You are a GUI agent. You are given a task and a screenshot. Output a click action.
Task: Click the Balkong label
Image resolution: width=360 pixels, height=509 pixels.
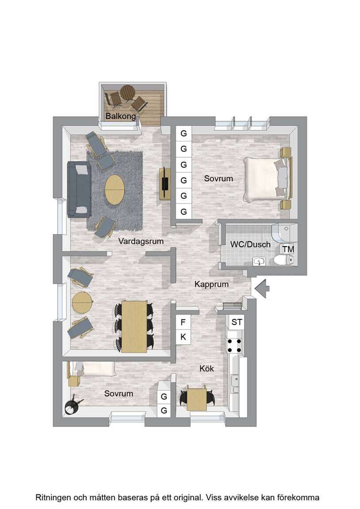121,116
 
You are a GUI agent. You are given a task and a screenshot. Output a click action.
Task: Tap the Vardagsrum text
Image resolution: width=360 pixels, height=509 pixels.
141,241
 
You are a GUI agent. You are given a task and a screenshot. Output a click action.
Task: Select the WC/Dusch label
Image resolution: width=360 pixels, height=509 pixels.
250,244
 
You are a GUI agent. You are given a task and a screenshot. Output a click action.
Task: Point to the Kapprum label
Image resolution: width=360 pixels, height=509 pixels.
211,285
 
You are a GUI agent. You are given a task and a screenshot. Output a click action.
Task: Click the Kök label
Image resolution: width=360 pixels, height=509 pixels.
207,368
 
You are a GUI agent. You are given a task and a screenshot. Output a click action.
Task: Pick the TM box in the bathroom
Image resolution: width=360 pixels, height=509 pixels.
288,249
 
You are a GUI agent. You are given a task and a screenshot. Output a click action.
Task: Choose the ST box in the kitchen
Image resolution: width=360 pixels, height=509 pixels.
236,322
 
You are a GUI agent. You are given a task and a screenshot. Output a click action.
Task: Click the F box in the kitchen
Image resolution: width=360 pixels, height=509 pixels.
183,322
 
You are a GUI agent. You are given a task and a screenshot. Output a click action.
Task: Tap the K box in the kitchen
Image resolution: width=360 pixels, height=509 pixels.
183,337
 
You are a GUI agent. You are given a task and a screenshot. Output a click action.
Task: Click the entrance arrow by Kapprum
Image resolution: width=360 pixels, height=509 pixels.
261,288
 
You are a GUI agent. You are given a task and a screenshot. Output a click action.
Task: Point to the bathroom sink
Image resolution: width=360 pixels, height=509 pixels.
259,261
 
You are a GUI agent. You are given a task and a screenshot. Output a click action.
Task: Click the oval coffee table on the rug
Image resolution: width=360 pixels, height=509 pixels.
115,190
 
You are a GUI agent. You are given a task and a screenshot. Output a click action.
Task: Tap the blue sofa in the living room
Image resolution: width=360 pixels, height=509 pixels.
79,190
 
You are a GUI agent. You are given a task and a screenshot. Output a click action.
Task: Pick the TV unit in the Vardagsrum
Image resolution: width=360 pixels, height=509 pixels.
165,183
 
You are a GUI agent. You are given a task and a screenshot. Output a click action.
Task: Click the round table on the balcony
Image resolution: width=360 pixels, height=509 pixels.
127,93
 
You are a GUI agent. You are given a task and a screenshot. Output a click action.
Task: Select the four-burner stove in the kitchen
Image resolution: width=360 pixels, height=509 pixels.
234,346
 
